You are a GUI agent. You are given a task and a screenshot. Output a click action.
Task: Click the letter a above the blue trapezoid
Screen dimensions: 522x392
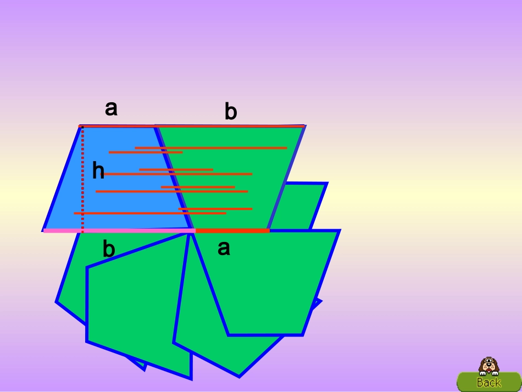(x=111, y=108)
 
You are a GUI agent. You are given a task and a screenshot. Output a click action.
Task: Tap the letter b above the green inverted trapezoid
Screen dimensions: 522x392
(x=231, y=111)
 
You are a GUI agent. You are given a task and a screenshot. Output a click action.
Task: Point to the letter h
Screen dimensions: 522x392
(x=98, y=170)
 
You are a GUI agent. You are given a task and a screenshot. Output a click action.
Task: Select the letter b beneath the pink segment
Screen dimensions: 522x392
(x=109, y=249)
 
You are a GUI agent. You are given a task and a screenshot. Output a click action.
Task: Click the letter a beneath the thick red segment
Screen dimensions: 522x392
(x=224, y=248)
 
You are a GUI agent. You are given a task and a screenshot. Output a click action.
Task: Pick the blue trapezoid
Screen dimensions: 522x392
(x=116, y=178)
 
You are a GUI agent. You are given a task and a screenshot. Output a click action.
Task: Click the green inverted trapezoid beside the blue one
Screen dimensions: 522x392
(x=230, y=176)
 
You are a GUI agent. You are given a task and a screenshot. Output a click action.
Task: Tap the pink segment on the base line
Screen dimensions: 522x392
(x=119, y=230)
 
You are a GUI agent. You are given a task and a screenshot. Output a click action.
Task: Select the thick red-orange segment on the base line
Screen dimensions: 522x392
(x=232, y=230)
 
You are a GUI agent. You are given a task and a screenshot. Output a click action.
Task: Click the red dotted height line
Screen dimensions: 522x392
(x=82, y=179)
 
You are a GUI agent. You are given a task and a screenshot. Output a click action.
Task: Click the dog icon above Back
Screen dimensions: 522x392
(x=488, y=366)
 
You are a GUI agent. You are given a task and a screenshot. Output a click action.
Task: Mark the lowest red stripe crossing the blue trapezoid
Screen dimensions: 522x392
(x=150, y=213)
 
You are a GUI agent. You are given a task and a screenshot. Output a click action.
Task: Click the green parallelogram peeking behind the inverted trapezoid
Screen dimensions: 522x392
(x=299, y=207)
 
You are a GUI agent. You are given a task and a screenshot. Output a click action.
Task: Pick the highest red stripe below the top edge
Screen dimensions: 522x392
(x=211, y=148)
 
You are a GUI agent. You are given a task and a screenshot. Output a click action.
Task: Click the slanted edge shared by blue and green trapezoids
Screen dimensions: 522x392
(x=174, y=177)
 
